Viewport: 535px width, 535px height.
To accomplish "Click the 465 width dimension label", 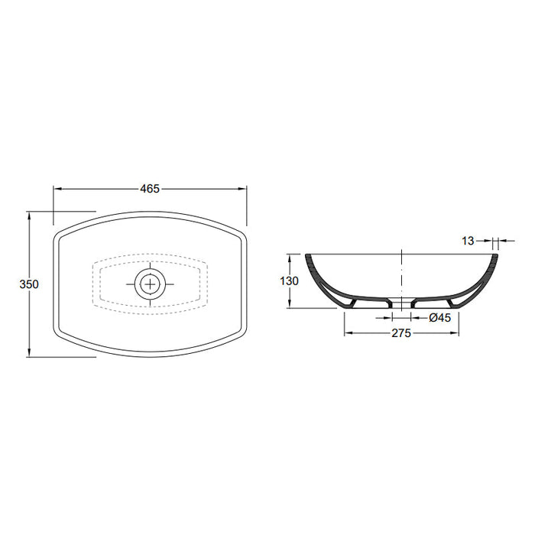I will (x=150, y=189).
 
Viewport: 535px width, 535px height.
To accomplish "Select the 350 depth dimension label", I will (x=29, y=284).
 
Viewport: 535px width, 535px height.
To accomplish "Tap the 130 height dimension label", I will (x=290, y=280).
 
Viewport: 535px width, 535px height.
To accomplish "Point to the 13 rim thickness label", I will (x=469, y=241).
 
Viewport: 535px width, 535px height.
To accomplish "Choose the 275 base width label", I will (x=402, y=333).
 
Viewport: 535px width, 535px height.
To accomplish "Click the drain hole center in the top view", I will (x=151, y=284).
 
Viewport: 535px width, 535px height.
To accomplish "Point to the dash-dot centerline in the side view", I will (x=402, y=275).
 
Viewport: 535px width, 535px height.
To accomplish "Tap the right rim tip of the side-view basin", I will (x=495, y=255).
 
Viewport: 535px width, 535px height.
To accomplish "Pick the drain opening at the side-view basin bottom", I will (x=402, y=302).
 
